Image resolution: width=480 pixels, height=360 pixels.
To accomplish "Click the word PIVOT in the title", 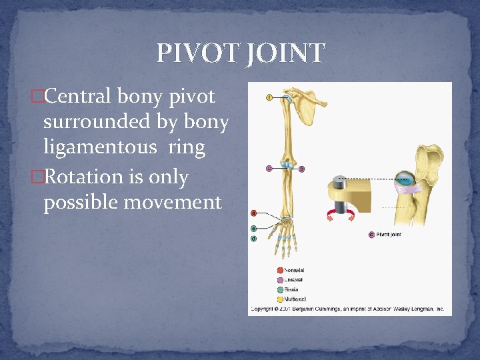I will [196, 53].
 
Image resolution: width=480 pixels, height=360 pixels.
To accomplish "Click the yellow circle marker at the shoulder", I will [269, 97].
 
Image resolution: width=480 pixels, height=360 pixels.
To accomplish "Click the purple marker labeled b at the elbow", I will [301, 169].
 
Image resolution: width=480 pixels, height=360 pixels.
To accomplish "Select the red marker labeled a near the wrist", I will [253, 213].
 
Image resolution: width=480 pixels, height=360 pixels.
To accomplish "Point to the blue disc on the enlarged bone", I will [403, 178].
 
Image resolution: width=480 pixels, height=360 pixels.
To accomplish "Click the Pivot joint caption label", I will [389, 235].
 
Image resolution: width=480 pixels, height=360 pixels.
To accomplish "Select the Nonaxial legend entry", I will [293, 270].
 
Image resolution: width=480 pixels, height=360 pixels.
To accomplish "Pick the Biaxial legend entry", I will [291, 289].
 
